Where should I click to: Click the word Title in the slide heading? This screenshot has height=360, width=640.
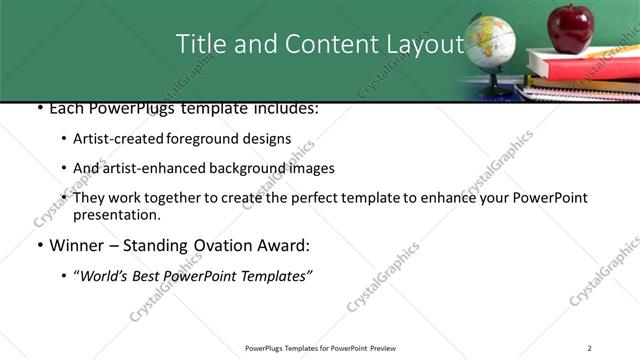(x=200, y=44)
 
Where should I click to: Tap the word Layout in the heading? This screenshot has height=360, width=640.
(x=419, y=44)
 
